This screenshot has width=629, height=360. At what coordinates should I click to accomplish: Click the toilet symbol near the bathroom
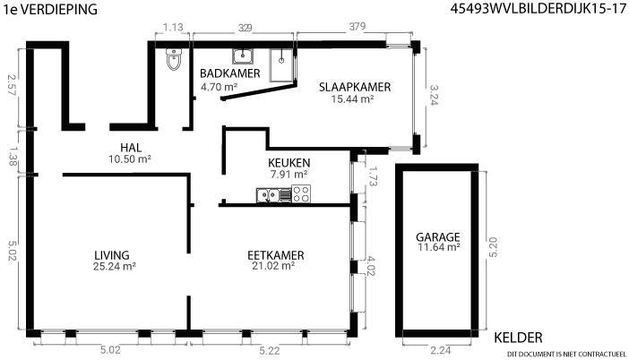(x=174, y=59)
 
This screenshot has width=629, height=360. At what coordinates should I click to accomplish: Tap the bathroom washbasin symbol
(x=242, y=56)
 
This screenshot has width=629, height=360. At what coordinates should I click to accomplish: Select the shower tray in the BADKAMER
(x=281, y=65)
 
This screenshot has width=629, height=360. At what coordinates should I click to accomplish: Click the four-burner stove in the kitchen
(x=301, y=193)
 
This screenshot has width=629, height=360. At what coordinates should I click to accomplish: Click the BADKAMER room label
(x=230, y=73)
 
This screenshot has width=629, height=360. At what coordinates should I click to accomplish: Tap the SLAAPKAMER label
(x=355, y=87)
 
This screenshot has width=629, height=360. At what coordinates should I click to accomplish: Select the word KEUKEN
(x=289, y=163)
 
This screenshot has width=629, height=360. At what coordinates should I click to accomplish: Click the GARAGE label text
(x=437, y=237)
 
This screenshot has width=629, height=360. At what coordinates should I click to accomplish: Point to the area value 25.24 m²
(x=115, y=267)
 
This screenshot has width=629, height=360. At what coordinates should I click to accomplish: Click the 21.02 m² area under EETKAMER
(x=273, y=266)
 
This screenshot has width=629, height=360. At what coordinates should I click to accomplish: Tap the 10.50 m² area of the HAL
(x=130, y=159)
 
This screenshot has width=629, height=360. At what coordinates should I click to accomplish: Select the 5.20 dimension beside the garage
(x=493, y=247)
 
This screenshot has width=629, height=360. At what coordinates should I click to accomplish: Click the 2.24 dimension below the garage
(x=441, y=350)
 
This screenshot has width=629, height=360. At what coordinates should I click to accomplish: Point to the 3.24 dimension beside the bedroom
(x=434, y=95)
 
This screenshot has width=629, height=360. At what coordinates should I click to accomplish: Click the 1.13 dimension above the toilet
(x=173, y=27)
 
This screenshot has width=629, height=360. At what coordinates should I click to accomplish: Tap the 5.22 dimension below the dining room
(x=269, y=351)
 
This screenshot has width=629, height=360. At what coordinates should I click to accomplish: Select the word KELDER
(x=518, y=338)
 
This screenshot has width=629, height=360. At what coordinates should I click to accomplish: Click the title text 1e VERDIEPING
(x=50, y=9)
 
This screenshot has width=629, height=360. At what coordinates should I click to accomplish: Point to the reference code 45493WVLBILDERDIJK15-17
(x=538, y=9)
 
